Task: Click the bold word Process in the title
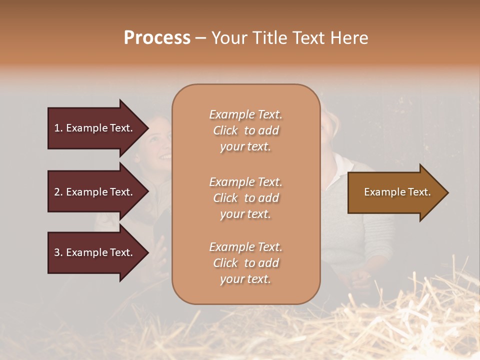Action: point(157,38)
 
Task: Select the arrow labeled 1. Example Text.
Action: point(95,128)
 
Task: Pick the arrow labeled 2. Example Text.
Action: point(95,192)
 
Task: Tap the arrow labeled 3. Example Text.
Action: point(95,252)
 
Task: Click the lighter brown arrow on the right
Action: point(395,192)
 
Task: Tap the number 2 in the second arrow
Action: point(57,192)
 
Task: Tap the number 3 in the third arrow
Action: point(57,252)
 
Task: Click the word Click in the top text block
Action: point(225,130)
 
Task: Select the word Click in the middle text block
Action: point(225,198)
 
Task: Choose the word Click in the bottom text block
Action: point(225,263)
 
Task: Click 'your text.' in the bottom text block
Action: point(245,279)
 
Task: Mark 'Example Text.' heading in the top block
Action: point(245,114)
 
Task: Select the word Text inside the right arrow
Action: point(418,192)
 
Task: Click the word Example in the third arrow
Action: point(86,252)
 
